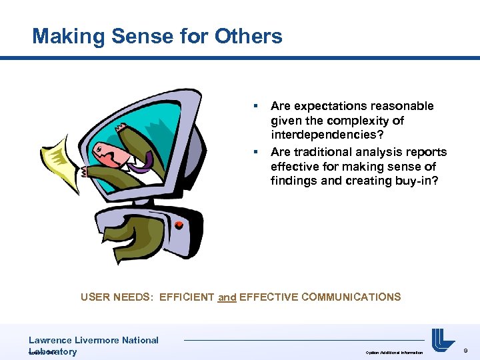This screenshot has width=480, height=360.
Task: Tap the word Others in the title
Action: (x=249, y=36)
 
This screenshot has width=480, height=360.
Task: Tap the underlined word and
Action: (x=227, y=297)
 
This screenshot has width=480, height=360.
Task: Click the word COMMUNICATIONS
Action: (x=351, y=297)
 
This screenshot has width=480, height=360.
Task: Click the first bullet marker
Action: (x=254, y=106)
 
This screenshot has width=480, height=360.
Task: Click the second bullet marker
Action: (x=254, y=151)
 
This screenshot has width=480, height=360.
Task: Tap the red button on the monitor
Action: (x=179, y=225)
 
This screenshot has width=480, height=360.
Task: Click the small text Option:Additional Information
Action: (x=394, y=353)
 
